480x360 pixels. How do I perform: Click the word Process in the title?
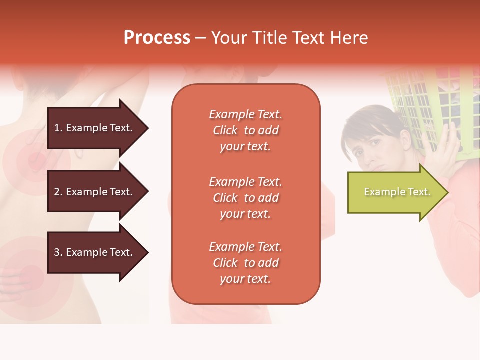pyautogui.click(x=157, y=38)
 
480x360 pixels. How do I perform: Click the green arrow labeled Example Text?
pyautogui.click(x=395, y=192)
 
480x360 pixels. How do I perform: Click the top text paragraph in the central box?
pyautogui.click(x=245, y=130)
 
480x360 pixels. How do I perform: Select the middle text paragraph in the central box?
pyautogui.click(x=245, y=198)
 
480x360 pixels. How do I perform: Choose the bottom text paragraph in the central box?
pyautogui.click(x=245, y=263)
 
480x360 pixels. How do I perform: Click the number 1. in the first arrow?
pyautogui.click(x=58, y=128)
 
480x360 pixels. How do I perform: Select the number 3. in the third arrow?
pyautogui.click(x=58, y=252)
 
